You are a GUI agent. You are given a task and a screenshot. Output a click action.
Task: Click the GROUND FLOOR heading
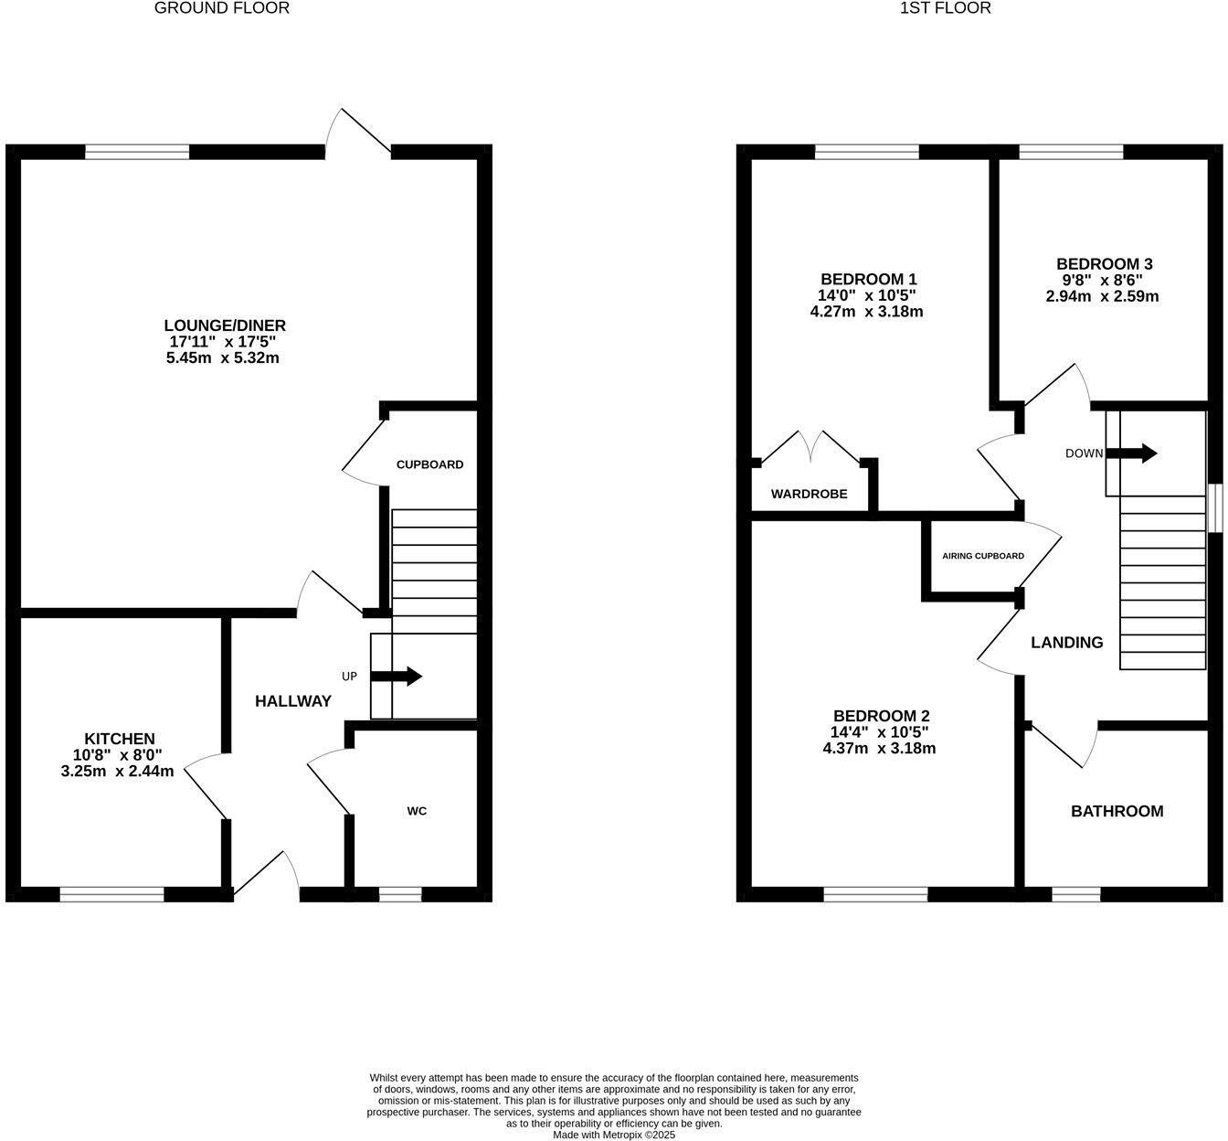[x=222, y=8]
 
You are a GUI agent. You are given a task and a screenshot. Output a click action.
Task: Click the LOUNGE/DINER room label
[x=225, y=325]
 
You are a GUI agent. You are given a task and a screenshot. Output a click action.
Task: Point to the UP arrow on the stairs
[x=396, y=677]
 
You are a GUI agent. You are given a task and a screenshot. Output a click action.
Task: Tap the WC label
[x=417, y=811]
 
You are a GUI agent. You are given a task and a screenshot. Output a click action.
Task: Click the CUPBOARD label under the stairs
[x=429, y=464]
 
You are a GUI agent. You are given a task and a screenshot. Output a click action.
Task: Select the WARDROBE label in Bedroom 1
[x=809, y=494]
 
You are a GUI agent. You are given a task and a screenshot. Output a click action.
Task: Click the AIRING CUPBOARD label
[x=983, y=556]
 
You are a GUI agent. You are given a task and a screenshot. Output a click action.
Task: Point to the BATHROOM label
[x=1117, y=811]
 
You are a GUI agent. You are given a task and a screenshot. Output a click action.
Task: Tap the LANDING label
[x=1066, y=643]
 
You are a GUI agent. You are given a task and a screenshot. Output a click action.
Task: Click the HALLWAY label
[x=292, y=701]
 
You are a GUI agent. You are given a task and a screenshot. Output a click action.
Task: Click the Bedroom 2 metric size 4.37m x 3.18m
[x=879, y=748]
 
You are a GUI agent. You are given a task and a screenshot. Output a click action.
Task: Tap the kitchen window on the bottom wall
[x=111, y=894]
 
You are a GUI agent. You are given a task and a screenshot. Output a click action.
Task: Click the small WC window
[x=400, y=894]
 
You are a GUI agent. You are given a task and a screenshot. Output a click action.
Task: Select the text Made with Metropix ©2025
[x=614, y=1135]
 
